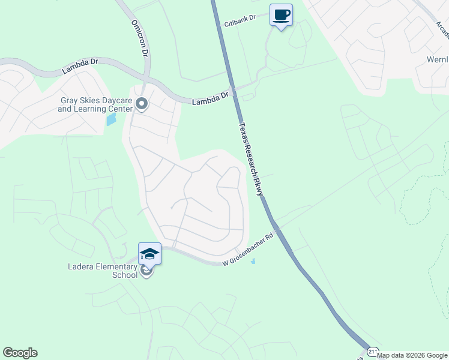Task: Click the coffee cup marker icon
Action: [x=280, y=15]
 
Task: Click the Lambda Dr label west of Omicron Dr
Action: [x=80, y=67]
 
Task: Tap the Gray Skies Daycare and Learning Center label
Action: [x=95, y=105]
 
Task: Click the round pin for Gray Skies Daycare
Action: [x=142, y=105]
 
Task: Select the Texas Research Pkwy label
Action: [x=252, y=159]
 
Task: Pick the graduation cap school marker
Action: [x=149, y=253]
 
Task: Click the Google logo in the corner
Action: [x=20, y=353]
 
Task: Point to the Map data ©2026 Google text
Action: [x=412, y=355]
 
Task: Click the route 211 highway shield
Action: [x=373, y=352]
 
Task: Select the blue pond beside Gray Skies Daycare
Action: [x=112, y=118]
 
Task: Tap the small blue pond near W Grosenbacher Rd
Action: [x=253, y=261]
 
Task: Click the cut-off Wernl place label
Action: [x=436, y=60]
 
